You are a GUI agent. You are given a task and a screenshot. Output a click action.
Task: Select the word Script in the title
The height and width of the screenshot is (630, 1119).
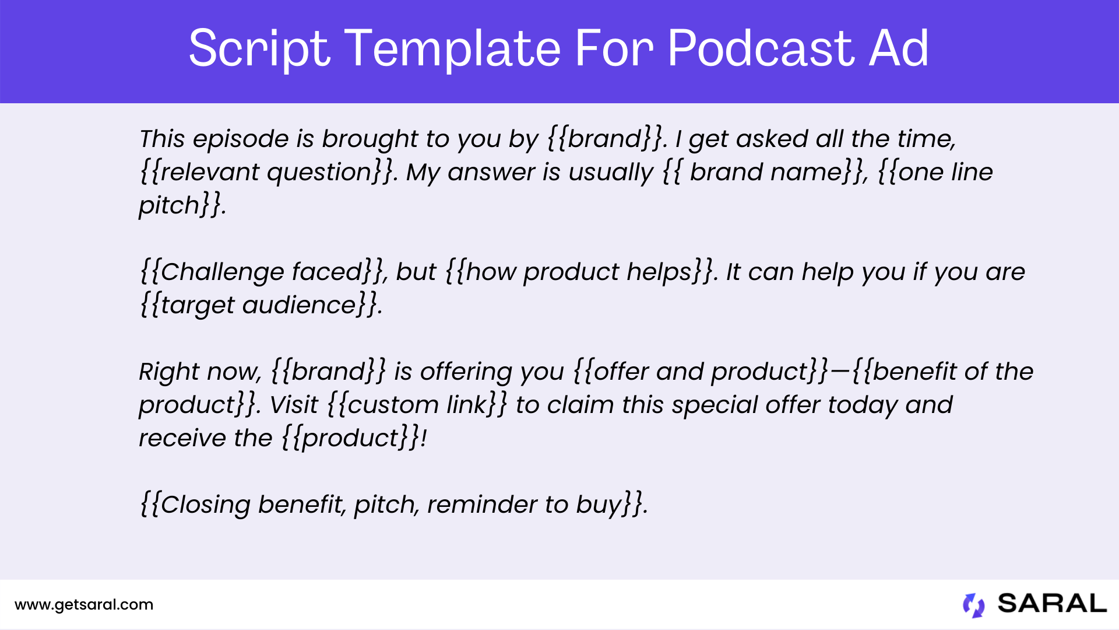259,50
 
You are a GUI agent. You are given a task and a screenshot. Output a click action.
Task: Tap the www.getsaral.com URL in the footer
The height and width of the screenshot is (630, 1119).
84,605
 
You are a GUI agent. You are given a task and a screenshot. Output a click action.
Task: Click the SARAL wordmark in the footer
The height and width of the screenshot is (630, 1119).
1052,604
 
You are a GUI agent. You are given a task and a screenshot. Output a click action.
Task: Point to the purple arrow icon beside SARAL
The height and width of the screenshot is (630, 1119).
973,605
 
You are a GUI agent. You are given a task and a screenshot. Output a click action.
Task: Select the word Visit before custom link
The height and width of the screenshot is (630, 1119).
294,405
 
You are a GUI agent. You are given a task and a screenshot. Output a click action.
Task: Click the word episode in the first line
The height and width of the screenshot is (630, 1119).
241,139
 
